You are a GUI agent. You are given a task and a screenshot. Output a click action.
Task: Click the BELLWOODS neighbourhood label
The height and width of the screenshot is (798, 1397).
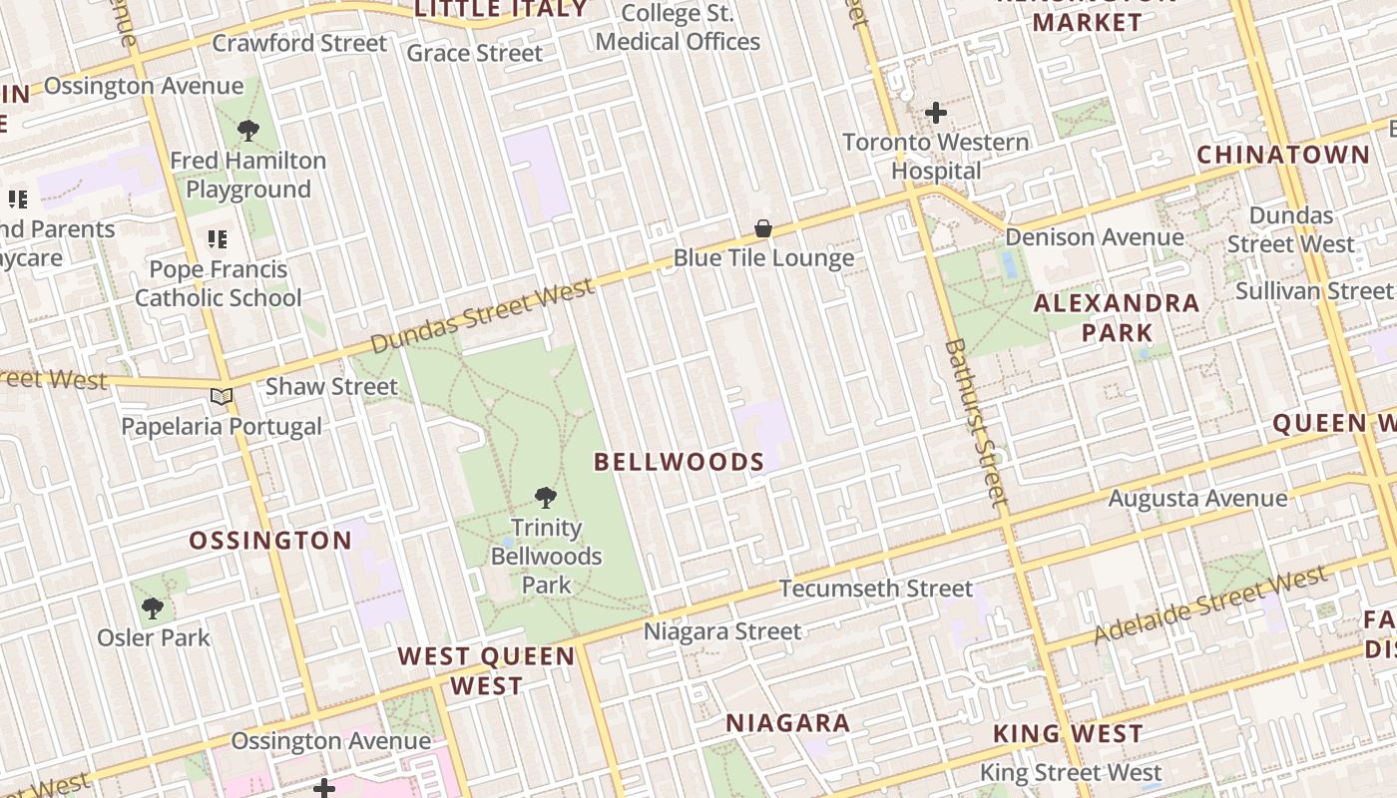679,462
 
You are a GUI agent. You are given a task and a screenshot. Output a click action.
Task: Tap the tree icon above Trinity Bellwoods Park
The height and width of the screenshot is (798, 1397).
545,497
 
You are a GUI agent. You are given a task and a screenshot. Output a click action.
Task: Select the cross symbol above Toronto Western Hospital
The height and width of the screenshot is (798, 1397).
935,113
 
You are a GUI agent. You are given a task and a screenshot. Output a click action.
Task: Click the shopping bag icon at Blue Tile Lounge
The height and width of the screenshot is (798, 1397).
763,229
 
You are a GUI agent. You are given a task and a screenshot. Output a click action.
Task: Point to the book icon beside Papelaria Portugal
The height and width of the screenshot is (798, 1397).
222,397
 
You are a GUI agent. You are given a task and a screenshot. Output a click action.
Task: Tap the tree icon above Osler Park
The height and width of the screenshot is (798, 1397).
153,607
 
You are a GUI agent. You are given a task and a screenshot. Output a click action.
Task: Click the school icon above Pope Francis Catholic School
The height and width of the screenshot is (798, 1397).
217,239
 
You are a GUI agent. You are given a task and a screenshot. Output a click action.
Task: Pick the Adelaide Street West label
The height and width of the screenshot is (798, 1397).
1210,605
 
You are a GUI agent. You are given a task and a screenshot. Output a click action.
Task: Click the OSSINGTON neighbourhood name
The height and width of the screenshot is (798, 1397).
270,541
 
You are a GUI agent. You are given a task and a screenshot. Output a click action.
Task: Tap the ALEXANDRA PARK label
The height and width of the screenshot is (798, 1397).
1117,317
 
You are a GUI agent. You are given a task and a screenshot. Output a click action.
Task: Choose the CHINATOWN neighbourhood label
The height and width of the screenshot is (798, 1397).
1283,155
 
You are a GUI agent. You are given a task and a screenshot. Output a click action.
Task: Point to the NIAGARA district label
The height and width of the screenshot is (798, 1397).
787,723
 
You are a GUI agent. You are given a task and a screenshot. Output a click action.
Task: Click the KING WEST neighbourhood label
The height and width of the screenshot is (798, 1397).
1068,734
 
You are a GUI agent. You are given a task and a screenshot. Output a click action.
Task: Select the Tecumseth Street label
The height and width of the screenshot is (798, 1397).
875,589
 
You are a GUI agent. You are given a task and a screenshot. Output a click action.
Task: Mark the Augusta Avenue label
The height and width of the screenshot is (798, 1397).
1197,498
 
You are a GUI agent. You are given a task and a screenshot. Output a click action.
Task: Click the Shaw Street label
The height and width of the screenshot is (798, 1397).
331,386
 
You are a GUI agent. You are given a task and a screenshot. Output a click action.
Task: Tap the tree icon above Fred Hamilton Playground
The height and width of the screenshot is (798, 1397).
248,130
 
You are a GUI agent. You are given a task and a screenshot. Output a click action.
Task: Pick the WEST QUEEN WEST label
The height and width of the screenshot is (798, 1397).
486,670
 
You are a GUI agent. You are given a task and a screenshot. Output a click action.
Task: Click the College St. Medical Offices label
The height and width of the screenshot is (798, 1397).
678,28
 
